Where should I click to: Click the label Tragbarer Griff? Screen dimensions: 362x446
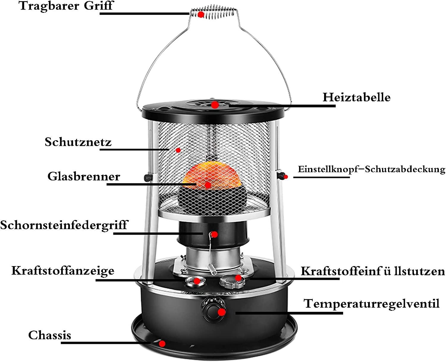click(x=66, y=6)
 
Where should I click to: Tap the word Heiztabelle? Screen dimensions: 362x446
click(x=357, y=97)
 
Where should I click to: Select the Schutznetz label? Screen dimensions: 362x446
click(x=78, y=142)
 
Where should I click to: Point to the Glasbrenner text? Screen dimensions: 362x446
click(x=84, y=177)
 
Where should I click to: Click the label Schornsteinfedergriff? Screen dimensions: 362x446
click(x=64, y=225)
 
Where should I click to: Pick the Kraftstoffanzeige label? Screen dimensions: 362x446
click(x=63, y=271)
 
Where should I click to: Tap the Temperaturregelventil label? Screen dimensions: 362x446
click(x=371, y=304)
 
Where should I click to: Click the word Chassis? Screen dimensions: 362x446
click(x=50, y=335)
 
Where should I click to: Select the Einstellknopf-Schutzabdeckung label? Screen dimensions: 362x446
click(x=371, y=169)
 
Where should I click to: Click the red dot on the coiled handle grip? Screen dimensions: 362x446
click(x=201, y=14)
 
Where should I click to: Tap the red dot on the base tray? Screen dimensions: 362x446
click(x=162, y=344)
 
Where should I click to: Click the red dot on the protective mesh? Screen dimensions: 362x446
click(x=178, y=150)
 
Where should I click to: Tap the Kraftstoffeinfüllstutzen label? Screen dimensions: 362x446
click(x=373, y=271)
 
